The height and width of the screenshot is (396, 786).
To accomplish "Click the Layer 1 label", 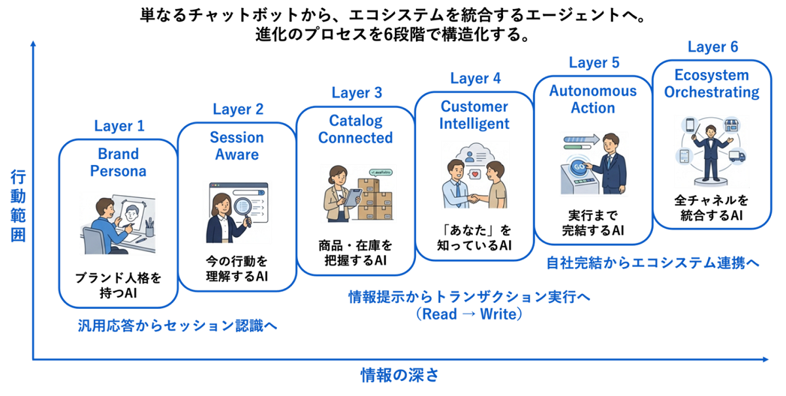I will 119,126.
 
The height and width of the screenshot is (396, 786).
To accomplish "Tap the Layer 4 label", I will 476,79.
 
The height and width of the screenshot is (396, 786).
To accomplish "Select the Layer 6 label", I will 713,47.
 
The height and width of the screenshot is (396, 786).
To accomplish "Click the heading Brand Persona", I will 119,163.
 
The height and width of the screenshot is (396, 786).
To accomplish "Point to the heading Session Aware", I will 237,146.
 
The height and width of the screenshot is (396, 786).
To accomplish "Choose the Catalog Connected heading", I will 356,129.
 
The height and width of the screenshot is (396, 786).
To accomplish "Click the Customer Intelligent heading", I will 474,115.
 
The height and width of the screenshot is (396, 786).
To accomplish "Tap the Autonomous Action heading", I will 593,99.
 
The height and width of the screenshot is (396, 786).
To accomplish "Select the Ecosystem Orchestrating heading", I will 712,83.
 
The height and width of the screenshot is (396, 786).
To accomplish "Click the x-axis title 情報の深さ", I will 399,376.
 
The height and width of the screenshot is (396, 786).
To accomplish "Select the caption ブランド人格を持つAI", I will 119,287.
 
